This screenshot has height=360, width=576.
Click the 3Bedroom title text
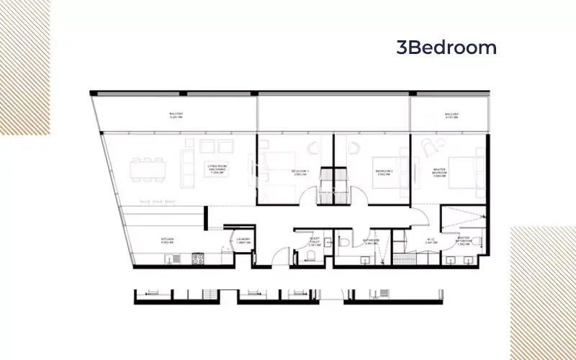click(x=446, y=48)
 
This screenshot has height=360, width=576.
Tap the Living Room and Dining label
click(x=217, y=171)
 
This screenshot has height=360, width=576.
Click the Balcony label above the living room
click(x=176, y=116)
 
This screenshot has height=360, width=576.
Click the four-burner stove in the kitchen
click(x=199, y=258)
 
